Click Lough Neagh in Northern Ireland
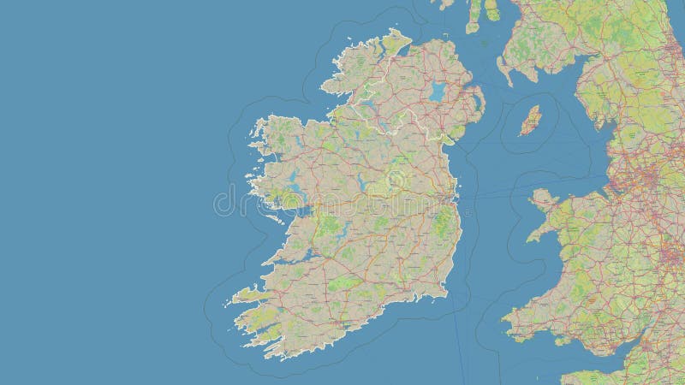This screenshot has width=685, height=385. click(438, 91)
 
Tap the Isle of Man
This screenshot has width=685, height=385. click(530, 121)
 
